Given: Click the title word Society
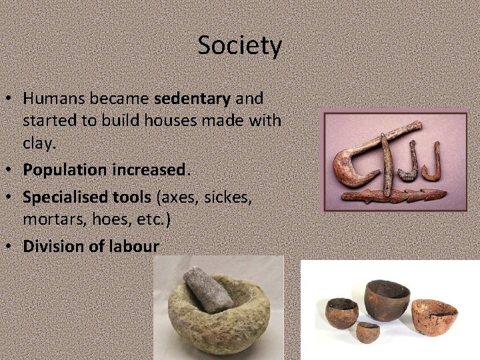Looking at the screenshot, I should (x=240, y=46).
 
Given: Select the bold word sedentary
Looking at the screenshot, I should (x=192, y=99).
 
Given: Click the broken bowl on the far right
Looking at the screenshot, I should (x=434, y=317).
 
